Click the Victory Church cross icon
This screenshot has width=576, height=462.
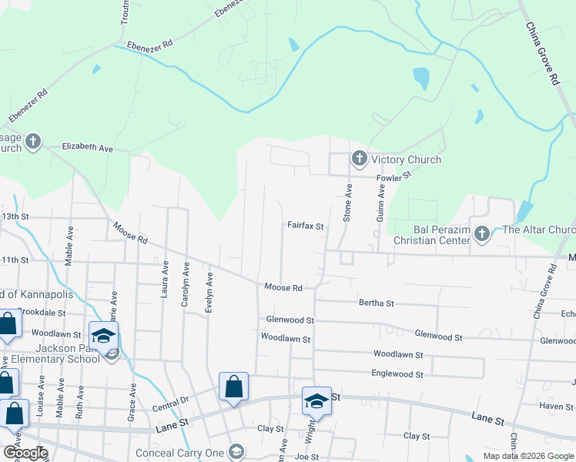tap(359, 159)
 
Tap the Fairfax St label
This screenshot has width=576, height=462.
tap(306, 226)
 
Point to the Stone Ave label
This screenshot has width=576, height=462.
tap(347, 203)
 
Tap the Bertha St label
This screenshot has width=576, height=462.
tap(377, 303)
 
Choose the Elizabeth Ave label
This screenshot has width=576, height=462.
tap(87, 146)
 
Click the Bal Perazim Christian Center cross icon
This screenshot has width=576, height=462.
tap(482, 233)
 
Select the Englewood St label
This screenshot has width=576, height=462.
tap(398, 374)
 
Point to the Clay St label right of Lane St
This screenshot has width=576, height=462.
tap(417, 436)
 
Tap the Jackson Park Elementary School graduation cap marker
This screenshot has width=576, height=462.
tap(102, 336)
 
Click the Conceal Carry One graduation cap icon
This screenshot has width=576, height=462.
tap(238, 452)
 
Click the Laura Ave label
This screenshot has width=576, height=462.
tap(165, 279)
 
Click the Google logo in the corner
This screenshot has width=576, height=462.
tap(25, 453)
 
